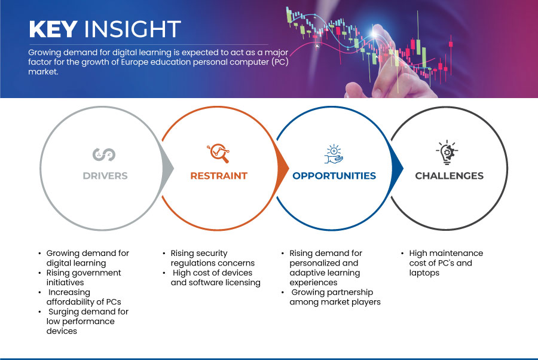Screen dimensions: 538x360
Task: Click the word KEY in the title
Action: [53, 29]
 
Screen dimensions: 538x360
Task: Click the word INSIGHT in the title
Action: [133, 29]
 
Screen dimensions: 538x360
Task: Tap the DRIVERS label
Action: [105, 176]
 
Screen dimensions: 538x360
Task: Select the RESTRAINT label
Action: [219, 176]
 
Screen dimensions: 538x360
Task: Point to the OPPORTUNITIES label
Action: [334, 176]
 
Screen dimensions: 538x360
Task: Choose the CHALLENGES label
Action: [449, 176]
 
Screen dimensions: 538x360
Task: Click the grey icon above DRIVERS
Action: [104, 154]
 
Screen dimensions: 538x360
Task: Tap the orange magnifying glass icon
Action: [218, 153]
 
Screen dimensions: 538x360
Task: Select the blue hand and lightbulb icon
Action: [334, 154]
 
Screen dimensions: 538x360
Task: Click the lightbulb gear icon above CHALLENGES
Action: [447, 152]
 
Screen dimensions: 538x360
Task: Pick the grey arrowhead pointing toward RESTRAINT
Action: [167, 168]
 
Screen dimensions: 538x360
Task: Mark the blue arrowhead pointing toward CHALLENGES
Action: [397, 168]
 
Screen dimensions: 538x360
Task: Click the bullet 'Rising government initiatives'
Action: [84, 277]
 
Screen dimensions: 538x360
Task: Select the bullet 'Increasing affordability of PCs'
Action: [84, 297]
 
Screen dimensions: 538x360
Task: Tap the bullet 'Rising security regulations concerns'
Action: [213, 258]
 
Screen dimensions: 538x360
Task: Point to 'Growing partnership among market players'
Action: [335, 297]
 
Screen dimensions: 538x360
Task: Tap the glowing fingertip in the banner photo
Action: [374, 33]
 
